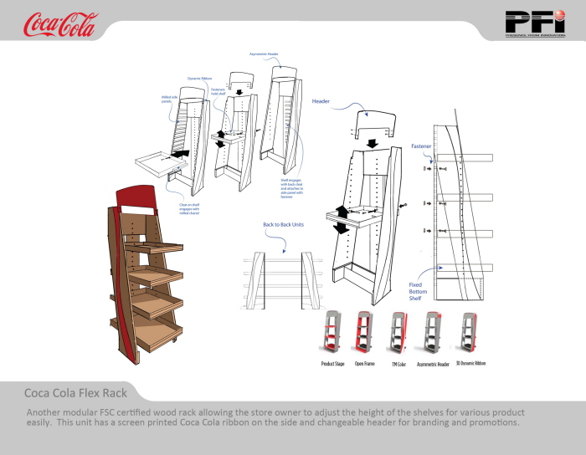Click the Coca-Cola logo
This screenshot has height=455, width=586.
pyautogui.click(x=60, y=25)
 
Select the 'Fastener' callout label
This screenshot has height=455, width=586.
pyautogui.click(x=421, y=146)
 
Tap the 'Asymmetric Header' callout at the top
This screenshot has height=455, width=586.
pyautogui.click(x=264, y=54)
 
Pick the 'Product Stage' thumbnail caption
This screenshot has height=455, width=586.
pyautogui.click(x=334, y=364)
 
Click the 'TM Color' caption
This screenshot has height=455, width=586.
pyautogui.click(x=398, y=364)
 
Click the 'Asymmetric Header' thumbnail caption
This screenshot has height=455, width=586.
pyautogui.click(x=433, y=364)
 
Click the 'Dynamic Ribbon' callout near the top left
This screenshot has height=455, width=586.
pyautogui.click(x=199, y=78)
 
